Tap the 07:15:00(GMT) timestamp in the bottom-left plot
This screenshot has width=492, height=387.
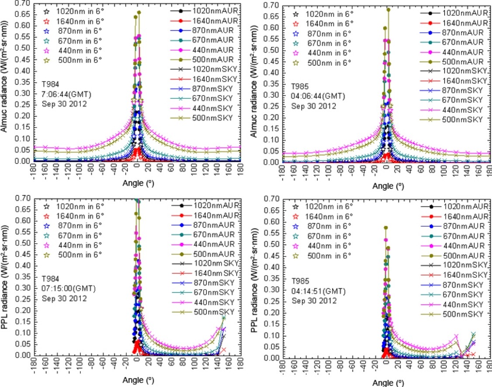pos(66,289)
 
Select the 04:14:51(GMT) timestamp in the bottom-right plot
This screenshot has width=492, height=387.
pos(316,291)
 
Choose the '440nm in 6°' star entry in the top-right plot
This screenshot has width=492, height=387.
pos(323,53)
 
